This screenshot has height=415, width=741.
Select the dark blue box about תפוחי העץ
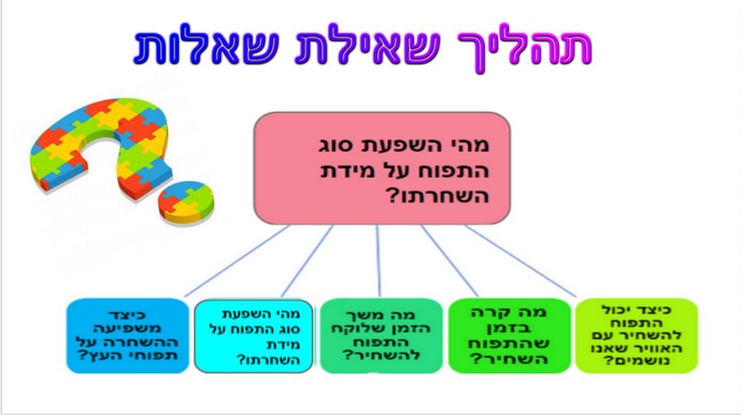coord(127,336)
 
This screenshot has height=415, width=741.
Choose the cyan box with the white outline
coord(253,336)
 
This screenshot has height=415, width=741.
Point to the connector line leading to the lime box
coord(520,262)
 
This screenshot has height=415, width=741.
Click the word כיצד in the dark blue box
coord(127,314)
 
